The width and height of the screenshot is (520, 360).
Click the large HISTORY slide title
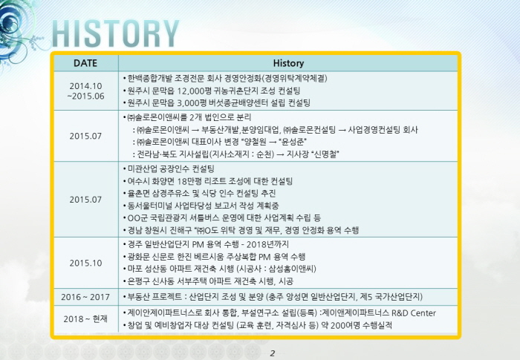pos(115,33)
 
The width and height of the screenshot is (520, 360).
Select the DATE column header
pos(85,63)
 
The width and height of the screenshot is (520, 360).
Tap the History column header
pos(288,63)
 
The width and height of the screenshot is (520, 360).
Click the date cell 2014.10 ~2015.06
pos(85,91)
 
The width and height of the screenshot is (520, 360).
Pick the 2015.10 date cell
pos(85,263)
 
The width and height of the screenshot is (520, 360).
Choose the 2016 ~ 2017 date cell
pos(85,297)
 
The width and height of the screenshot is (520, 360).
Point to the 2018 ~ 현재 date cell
pos(85,319)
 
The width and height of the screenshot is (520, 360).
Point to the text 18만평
pos(189,181)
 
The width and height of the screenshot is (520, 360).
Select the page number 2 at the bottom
pos(273,353)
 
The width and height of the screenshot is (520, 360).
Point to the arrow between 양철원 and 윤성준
pos(273,143)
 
